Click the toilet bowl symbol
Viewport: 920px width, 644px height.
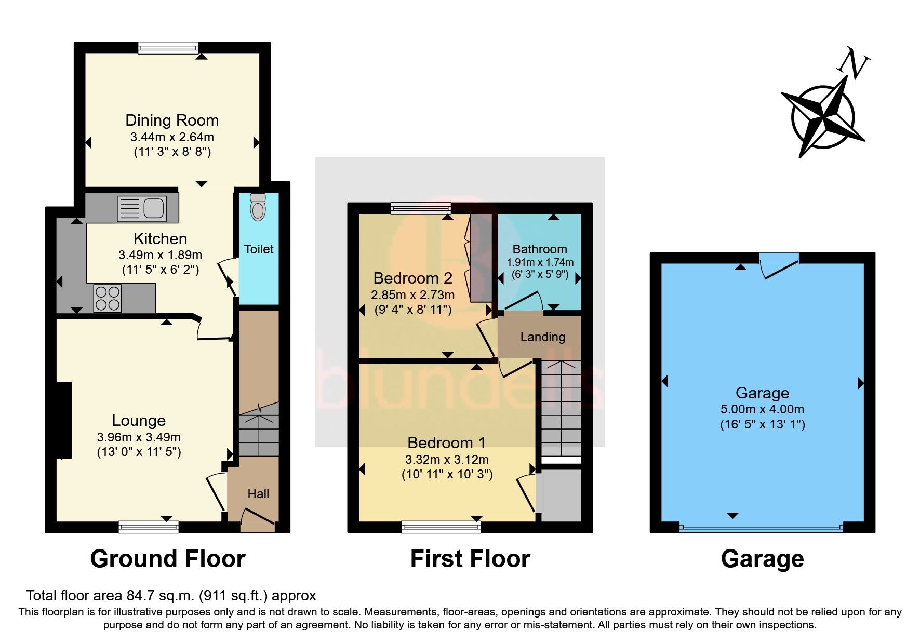click(x=258, y=208)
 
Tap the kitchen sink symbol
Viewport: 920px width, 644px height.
click(x=142, y=208)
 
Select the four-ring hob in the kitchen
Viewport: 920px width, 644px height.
click(x=108, y=298)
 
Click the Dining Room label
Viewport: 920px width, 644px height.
click(x=172, y=120)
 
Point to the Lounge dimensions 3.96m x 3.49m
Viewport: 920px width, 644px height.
click(x=139, y=437)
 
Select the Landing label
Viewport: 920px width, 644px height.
click(x=542, y=337)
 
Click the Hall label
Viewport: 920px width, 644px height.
click(x=258, y=494)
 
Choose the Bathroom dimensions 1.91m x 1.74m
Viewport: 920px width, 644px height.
click(x=540, y=262)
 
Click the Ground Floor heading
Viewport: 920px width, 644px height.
click(x=167, y=559)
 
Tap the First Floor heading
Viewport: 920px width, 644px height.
click(x=470, y=559)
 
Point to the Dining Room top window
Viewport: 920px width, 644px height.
click(x=168, y=48)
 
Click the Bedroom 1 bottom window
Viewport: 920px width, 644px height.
click(x=441, y=528)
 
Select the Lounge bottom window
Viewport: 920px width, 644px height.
click(x=149, y=528)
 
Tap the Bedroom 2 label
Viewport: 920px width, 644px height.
click(x=412, y=278)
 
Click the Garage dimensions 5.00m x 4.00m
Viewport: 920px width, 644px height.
click(x=762, y=409)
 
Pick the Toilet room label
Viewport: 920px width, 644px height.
click(x=259, y=249)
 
